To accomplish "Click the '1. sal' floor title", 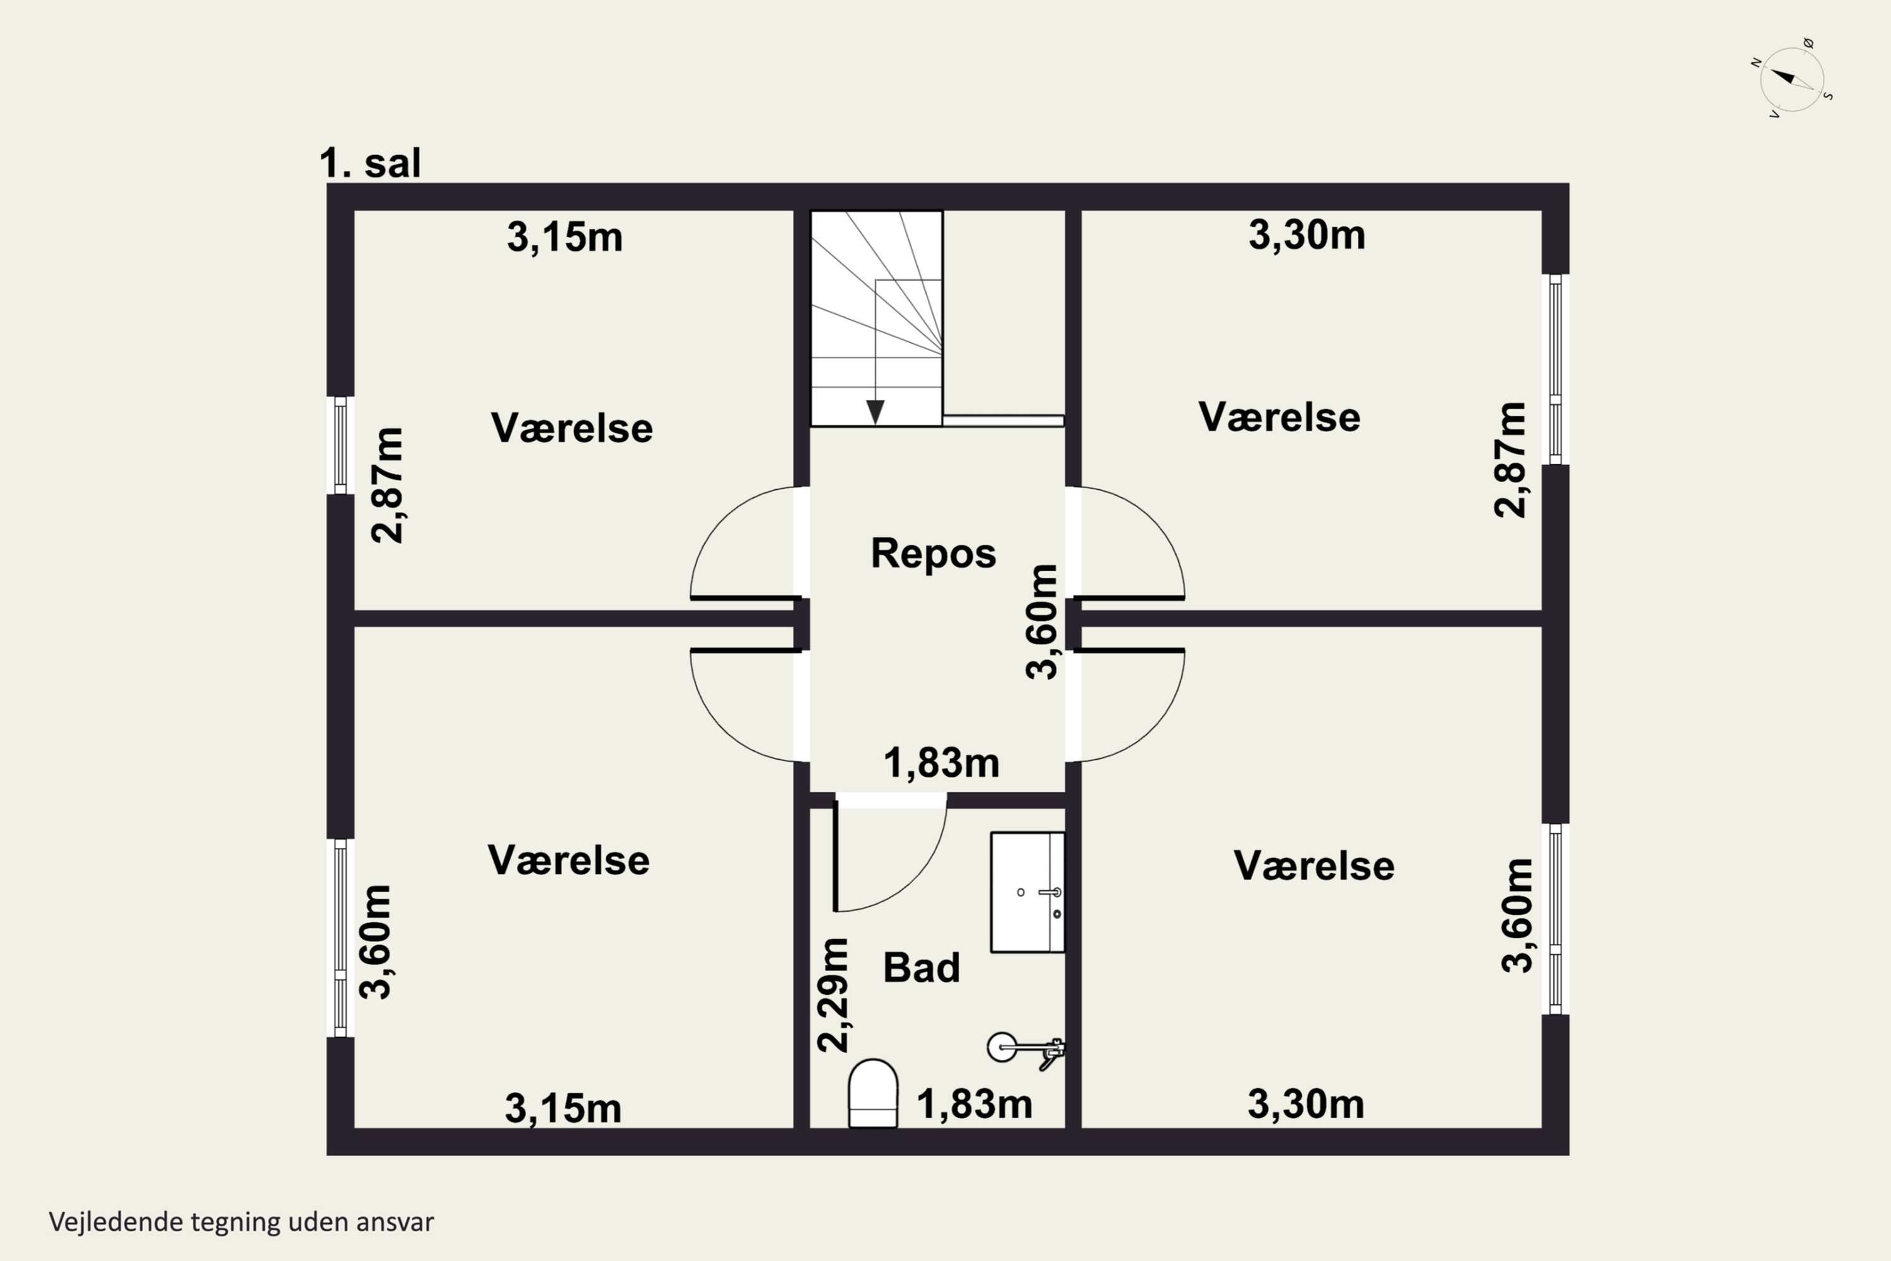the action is point(370,163).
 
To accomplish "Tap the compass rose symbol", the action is point(1792,79).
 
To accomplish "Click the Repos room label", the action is point(934,554).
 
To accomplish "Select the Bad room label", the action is point(922,967).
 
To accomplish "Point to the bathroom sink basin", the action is point(1027,893).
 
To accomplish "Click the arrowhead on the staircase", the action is point(875,412).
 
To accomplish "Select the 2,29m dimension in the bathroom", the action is point(833,995).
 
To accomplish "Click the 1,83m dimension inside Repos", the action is point(942,762).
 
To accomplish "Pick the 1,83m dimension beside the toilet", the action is point(974,1104).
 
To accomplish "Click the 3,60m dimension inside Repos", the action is point(1043,622).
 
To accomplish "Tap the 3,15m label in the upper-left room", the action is point(564,237).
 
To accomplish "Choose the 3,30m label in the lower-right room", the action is point(1305,1103).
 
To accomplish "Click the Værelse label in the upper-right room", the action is point(1279,417).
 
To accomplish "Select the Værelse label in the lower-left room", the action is point(569,860).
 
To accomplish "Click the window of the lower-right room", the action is point(1556,919).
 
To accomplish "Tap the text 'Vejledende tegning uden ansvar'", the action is point(241,1222).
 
